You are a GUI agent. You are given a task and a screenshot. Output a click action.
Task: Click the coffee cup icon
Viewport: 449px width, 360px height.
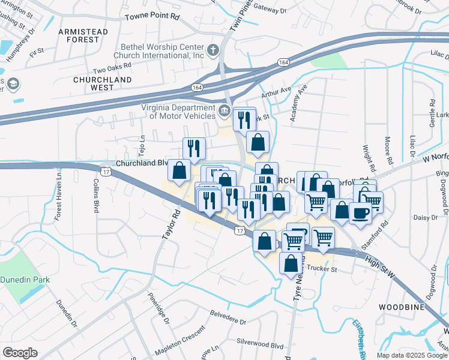(x=360, y=212)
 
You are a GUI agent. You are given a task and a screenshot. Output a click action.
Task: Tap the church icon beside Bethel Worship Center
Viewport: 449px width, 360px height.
(x=213, y=49)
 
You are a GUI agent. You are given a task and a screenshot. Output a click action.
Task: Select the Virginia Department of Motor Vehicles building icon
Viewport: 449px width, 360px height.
(x=224, y=110)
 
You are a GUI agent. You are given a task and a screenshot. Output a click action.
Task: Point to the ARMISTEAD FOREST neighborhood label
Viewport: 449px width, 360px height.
(x=83, y=35)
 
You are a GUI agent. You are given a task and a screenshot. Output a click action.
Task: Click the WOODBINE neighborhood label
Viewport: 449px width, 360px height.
(x=402, y=307)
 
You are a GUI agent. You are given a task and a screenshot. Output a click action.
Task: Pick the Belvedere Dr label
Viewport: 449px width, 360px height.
(x=228, y=317)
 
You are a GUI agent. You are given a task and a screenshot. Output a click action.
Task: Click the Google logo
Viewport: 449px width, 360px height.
(x=20, y=353)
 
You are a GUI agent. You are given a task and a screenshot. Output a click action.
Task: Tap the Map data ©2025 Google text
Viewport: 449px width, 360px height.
(x=411, y=355)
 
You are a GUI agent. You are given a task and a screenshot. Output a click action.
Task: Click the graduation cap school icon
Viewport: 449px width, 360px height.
(x=12, y=84)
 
